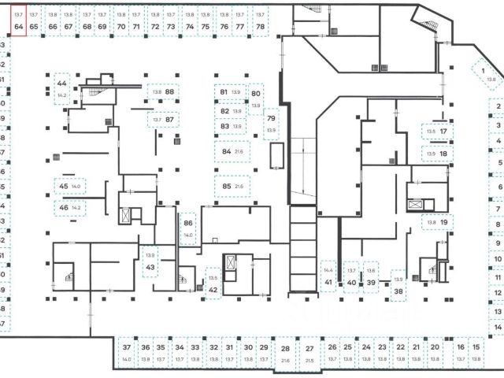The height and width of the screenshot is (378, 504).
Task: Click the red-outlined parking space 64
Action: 19,20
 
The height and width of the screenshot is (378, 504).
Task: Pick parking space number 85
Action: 232,187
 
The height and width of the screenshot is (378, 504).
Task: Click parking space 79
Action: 272,124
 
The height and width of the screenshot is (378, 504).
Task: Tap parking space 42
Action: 213,284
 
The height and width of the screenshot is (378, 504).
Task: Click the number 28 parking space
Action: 285,352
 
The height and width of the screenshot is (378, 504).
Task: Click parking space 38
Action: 398,285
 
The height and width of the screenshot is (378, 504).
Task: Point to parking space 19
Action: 437,223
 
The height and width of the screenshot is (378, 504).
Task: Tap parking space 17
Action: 437,132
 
